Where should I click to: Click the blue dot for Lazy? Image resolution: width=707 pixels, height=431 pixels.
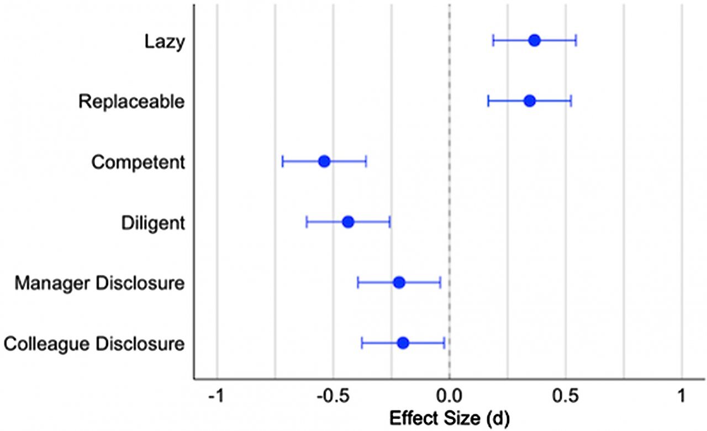534,41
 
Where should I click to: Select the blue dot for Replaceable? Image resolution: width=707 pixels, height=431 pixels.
530,101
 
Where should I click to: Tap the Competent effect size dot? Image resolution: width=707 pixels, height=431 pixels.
324,161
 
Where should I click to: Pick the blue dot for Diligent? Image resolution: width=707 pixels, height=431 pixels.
348,222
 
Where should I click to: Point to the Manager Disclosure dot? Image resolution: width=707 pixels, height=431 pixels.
399,282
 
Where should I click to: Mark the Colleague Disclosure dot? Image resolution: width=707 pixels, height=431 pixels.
403,343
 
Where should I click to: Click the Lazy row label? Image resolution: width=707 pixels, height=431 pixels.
165,42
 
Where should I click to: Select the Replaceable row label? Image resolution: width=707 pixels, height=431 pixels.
131,102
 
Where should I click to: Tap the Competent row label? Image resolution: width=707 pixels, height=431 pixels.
138,162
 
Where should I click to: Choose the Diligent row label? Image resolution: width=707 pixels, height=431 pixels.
153,223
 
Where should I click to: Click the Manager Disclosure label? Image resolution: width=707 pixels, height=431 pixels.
99,283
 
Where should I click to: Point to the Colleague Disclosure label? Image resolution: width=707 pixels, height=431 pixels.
94,344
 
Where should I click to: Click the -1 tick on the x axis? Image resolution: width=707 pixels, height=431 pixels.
216,396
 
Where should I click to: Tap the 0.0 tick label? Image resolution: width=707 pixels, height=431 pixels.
449,396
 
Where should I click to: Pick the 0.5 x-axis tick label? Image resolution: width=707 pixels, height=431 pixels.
566,396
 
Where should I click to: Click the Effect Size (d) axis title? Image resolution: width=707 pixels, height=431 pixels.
450,418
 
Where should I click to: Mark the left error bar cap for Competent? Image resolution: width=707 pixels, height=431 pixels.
283,161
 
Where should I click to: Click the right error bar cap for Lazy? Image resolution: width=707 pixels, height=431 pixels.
576,41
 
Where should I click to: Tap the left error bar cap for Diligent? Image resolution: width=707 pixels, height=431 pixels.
307,222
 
